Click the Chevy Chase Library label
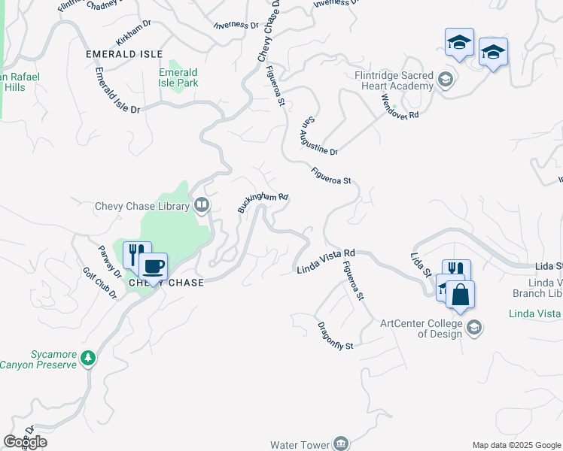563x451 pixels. pos(142,206)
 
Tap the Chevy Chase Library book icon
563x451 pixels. pos(201,204)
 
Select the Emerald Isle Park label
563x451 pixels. pos(178,77)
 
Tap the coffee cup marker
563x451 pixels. pos(153,266)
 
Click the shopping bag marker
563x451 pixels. pos(460,294)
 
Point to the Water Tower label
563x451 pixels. pos(300,444)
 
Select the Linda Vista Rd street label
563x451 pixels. pos(325,262)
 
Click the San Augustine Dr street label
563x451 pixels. pos(320,136)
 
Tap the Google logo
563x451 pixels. pos(25,442)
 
